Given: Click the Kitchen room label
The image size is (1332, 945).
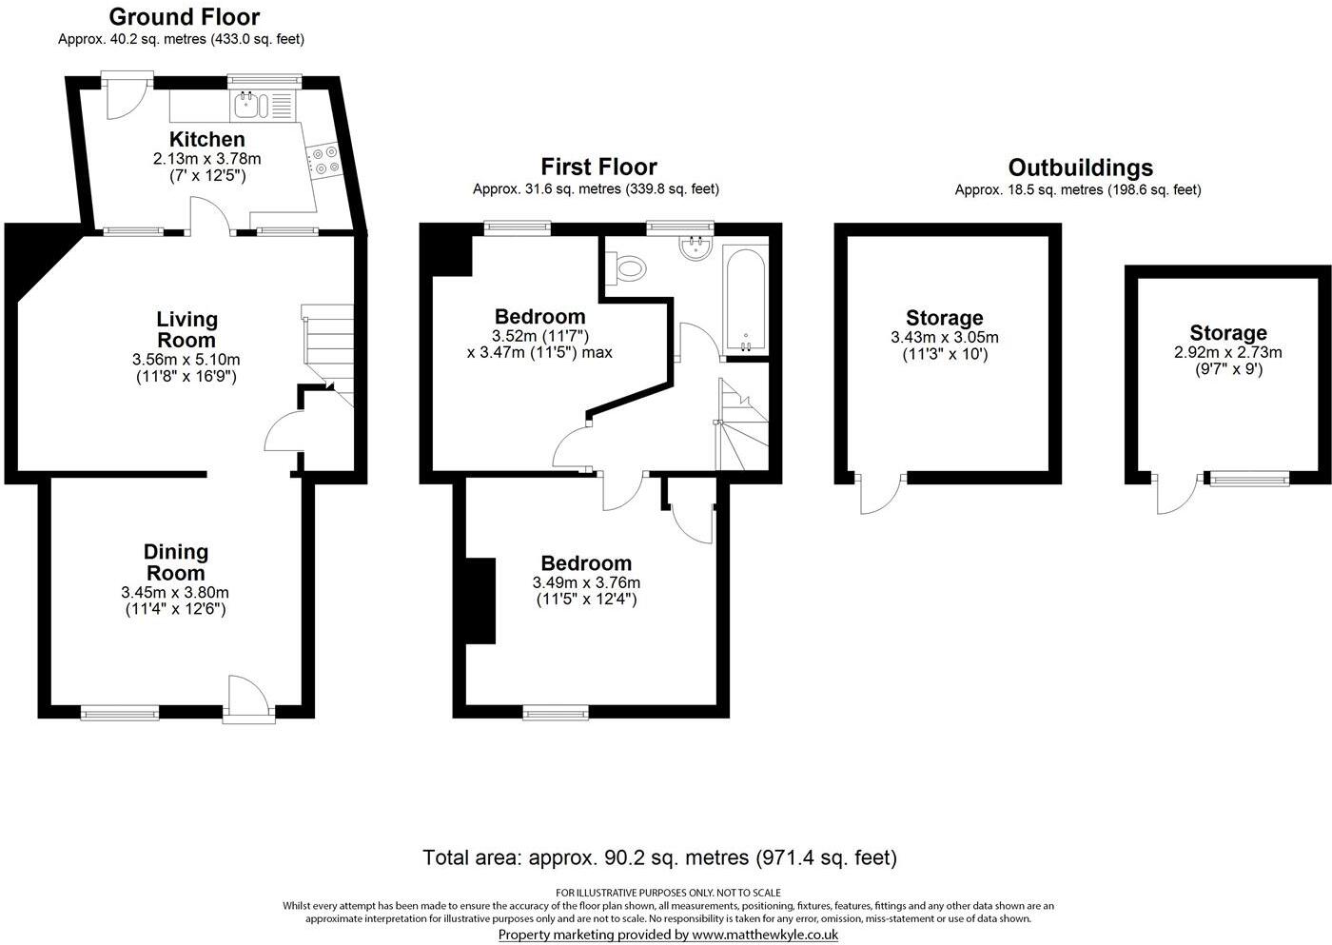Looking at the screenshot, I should pos(206,140).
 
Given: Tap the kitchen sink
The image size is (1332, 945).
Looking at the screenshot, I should pos(248,102).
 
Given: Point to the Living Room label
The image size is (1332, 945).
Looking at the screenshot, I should pos(186,329).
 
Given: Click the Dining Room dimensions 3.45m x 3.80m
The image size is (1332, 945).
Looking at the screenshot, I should pos(175,592).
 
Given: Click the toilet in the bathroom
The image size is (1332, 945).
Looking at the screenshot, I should pos(627,268).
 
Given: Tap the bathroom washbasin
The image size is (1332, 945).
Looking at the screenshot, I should pos(695,248).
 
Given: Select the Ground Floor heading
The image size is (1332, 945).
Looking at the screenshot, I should pos(184,17).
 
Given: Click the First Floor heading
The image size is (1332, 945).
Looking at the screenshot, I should pos(598,167).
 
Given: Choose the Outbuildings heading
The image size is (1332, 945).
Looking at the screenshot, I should pos(1080,168).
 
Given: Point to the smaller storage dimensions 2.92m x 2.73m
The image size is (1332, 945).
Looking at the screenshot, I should pos(1227,352).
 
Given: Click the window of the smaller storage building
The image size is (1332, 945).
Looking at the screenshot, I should pos(1248,478).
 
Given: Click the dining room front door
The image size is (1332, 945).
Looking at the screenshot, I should pos(248,699).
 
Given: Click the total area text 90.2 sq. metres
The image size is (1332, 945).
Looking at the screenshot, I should pos(659,857).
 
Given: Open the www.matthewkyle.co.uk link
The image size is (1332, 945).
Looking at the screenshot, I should pos(764,935).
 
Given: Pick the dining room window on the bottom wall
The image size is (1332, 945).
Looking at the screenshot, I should pos(120,711).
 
